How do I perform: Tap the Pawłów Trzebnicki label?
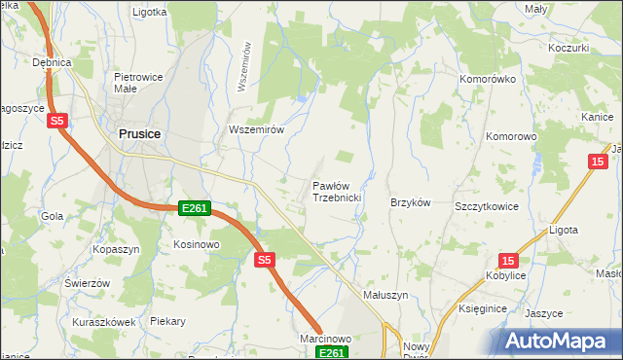coord(337,191)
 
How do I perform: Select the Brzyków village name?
coord(410,202)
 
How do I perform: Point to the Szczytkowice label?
coord(484,207)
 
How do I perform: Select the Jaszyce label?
coord(543,313)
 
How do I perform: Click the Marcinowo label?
coord(326,338)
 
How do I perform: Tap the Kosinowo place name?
coord(196,244)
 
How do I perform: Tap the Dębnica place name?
coord(53,62)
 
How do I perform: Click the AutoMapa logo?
coord(559,341)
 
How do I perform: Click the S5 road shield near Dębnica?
coord(57,121)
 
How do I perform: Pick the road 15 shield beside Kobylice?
coord(508,260)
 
